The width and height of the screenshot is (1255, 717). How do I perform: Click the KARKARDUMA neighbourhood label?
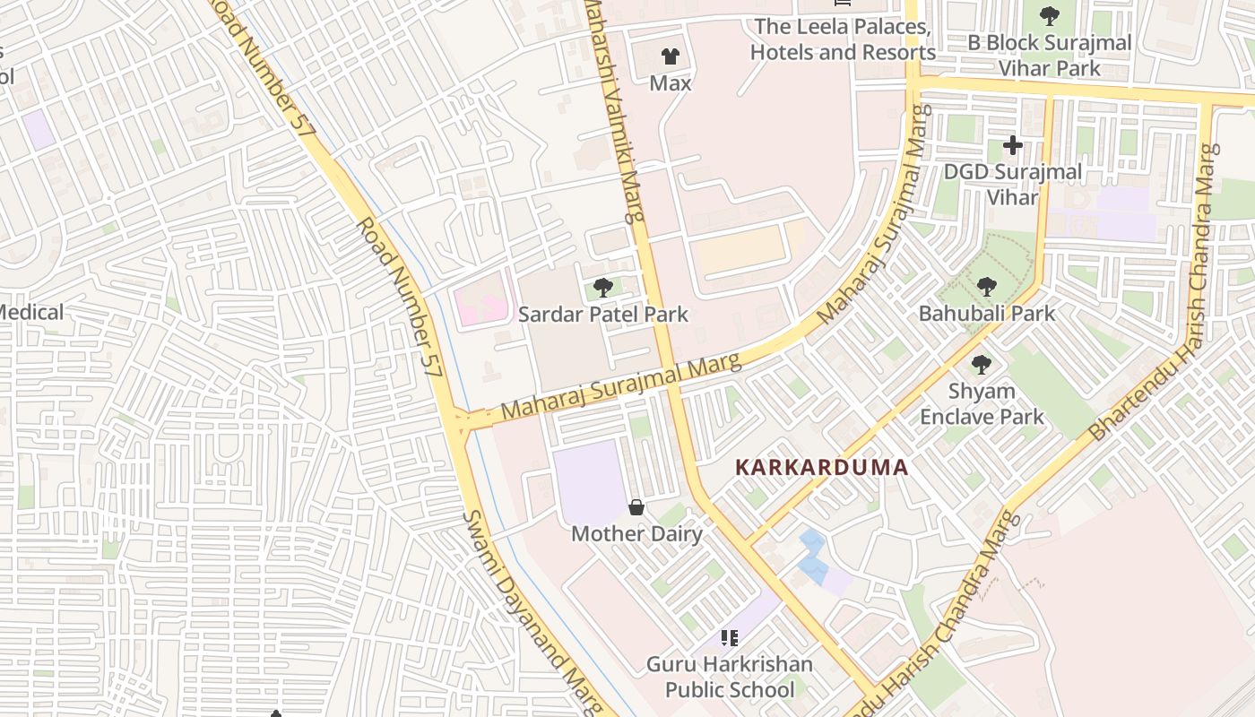(821, 467)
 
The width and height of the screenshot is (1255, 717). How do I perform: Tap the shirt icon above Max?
(671, 56)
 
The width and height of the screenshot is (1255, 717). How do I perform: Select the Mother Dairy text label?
(636, 534)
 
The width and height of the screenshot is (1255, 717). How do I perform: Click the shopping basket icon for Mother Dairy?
(636, 508)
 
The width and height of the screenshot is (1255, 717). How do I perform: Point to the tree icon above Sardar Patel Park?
(603, 288)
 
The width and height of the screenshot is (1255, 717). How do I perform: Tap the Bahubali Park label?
(986, 314)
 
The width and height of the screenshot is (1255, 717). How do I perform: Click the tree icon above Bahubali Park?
(986, 287)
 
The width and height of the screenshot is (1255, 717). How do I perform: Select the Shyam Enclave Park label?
(982, 404)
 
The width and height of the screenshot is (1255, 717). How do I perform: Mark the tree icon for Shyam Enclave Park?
(982, 365)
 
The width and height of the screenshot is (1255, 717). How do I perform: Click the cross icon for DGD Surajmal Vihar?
(1013, 145)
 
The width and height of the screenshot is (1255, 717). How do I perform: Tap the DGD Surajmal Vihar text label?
(1013, 185)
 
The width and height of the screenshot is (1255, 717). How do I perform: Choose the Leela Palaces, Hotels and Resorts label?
(843, 39)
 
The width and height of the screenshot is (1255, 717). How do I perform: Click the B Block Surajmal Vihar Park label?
(1050, 56)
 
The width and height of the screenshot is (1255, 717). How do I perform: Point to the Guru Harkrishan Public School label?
(730, 677)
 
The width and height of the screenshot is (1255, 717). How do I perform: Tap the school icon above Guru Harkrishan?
(730, 638)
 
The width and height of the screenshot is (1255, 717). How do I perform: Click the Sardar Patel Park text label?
(603, 315)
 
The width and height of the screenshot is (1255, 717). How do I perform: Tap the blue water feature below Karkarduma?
(813, 556)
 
